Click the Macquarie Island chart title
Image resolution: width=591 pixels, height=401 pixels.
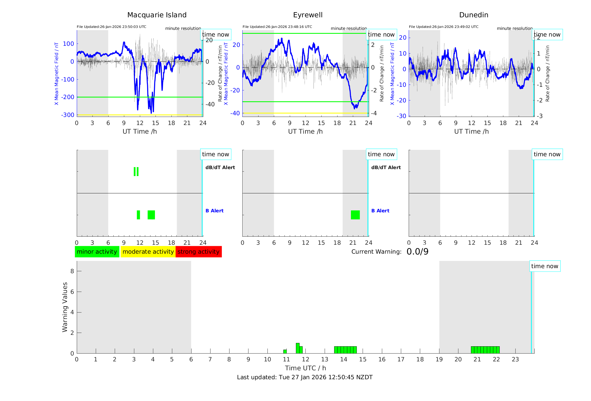click(x=157, y=15)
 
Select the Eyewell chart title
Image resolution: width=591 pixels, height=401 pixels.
click(x=308, y=15)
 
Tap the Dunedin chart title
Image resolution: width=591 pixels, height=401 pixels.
click(x=473, y=15)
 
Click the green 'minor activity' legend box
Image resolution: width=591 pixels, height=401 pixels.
click(x=97, y=252)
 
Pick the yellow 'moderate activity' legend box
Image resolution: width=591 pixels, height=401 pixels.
click(x=148, y=252)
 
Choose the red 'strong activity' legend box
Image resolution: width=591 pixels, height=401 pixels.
click(x=198, y=252)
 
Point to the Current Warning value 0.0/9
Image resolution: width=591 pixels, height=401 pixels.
click(x=417, y=252)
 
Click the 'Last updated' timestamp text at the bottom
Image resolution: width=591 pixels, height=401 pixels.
click(x=305, y=377)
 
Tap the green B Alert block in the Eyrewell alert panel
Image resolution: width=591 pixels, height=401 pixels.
click(x=355, y=215)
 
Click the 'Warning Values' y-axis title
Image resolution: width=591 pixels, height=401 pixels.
click(x=65, y=307)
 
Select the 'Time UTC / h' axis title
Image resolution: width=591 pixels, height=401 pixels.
click(x=305, y=368)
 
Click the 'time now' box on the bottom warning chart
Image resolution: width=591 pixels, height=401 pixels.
click(x=544, y=266)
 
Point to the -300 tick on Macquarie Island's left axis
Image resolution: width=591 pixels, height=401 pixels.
click(x=68, y=115)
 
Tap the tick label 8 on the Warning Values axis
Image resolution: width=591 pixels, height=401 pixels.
click(x=72, y=271)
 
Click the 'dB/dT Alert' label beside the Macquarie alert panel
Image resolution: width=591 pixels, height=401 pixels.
click(x=220, y=167)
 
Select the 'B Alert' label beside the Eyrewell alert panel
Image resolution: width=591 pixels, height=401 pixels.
click(x=380, y=211)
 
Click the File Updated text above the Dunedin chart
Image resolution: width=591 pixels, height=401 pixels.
click(x=443, y=27)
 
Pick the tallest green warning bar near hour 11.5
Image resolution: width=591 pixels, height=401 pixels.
click(x=298, y=348)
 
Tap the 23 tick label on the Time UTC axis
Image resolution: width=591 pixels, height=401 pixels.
click(x=515, y=359)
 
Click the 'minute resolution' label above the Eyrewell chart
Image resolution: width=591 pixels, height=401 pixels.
click(x=348, y=28)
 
